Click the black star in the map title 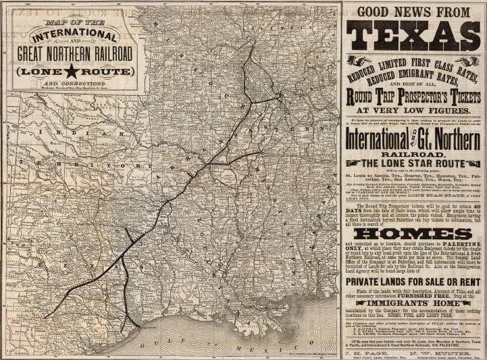72,70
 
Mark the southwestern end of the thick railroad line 45,317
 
